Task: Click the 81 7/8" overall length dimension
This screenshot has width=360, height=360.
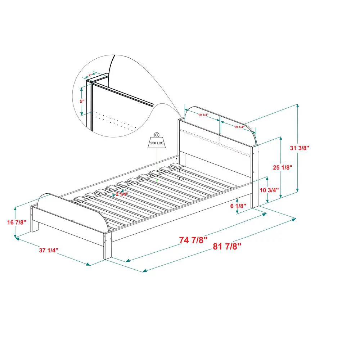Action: coord(227,247)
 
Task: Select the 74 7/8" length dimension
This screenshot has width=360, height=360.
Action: coord(193,240)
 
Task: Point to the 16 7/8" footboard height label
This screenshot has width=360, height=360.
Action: coord(17,222)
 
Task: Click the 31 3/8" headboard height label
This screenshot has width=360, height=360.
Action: coord(301,148)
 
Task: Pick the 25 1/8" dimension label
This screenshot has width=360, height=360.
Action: coord(283,167)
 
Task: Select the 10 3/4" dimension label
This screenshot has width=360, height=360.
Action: coord(269,190)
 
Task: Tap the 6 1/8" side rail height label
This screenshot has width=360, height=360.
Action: coord(238,206)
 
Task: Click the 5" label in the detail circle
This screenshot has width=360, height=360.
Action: coord(82,102)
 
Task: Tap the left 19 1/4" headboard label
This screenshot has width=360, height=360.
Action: coord(203,115)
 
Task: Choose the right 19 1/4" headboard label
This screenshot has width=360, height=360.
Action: coord(239,127)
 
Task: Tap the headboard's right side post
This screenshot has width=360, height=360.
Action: coord(255,173)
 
